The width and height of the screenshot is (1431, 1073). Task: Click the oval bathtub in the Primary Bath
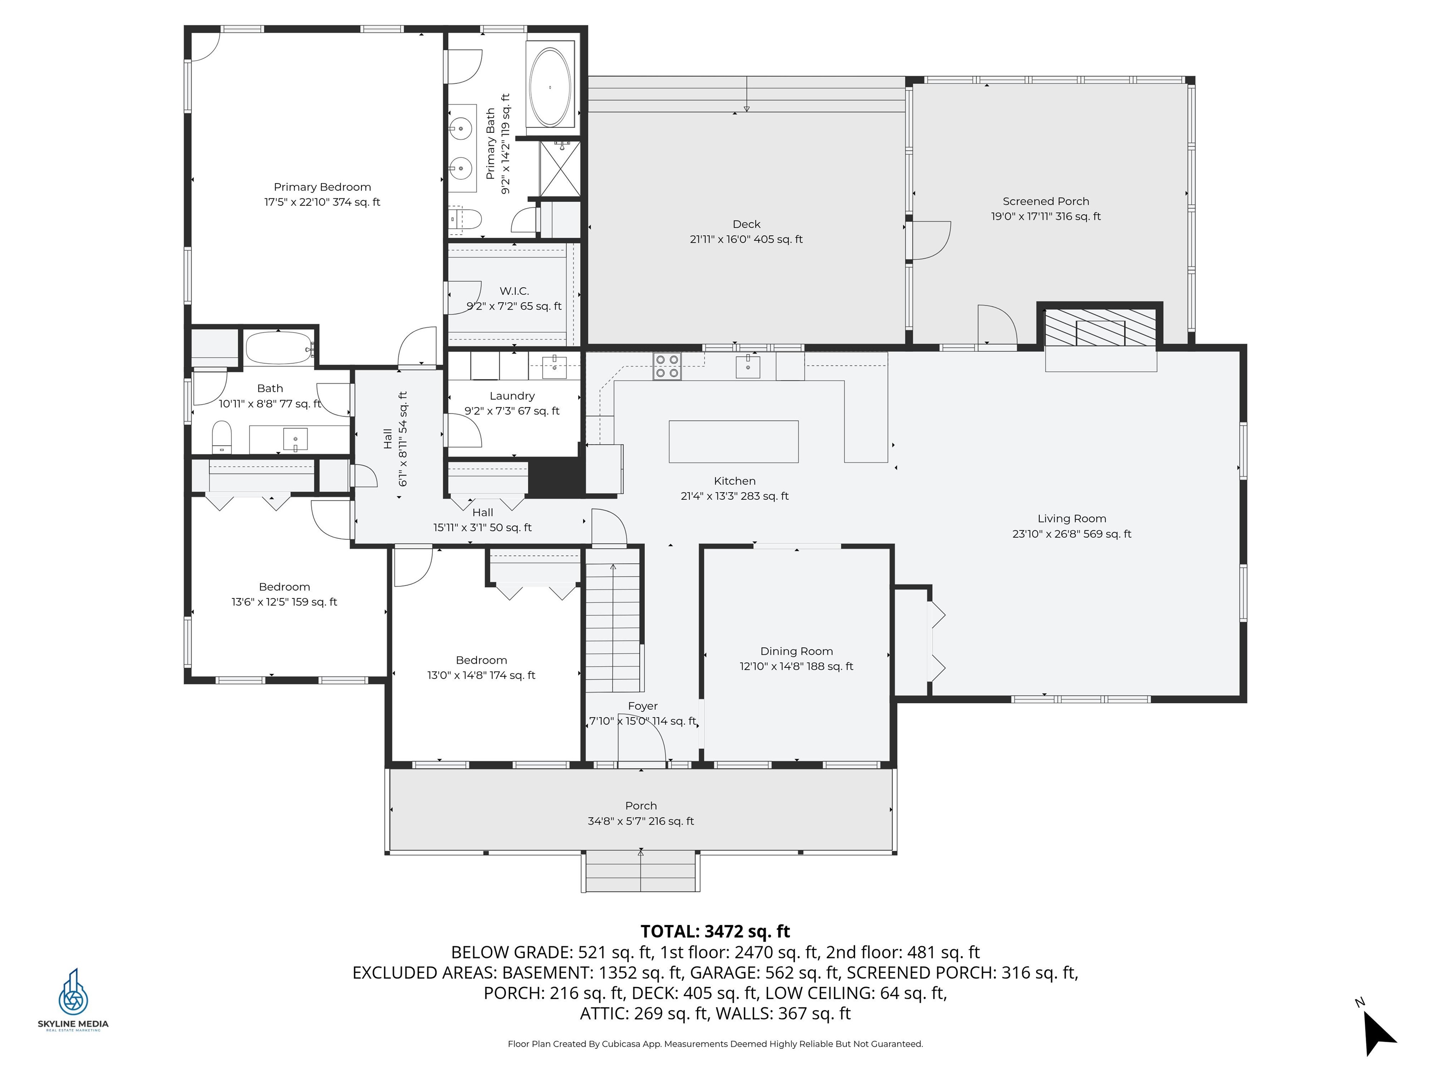pyautogui.click(x=550, y=87)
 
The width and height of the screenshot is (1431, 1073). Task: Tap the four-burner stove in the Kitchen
pyautogui.click(x=667, y=366)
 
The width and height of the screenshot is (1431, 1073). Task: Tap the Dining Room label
pyautogui.click(x=797, y=652)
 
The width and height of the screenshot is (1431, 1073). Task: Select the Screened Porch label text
pyautogui.click(x=1045, y=201)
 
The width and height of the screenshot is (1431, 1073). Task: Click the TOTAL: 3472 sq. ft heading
pyautogui.click(x=715, y=931)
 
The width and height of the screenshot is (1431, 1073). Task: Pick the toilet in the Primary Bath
pyautogui.click(x=466, y=219)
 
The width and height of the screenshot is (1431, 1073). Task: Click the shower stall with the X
pyautogui.click(x=560, y=169)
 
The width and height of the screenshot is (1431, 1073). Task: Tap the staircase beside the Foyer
pyautogui.click(x=613, y=627)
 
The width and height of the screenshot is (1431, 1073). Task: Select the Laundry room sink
pyautogui.click(x=554, y=367)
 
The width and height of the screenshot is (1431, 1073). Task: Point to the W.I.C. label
pyautogui.click(x=514, y=291)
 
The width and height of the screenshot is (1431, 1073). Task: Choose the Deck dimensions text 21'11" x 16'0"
pyautogui.click(x=746, y=239)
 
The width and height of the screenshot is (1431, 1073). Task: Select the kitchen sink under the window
pyautogui.click(x=748, y=367)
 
